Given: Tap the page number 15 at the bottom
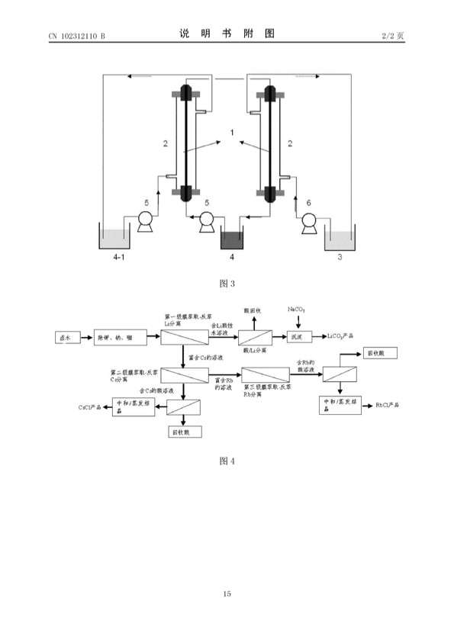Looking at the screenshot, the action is tap(227, 593).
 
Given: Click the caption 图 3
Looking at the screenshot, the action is tap(227, 284).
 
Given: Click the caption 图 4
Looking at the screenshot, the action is tap(227, 461).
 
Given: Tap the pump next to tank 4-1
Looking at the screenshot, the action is tap(144, 221).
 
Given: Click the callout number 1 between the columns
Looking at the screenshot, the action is tap(232, 133).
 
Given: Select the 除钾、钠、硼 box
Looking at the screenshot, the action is tap(115, 336).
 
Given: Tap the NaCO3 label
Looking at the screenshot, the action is tap(297, 309).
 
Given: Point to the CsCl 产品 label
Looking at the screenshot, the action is tap(92, 407).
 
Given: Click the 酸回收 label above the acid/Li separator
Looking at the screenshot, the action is tap(252, 310).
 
